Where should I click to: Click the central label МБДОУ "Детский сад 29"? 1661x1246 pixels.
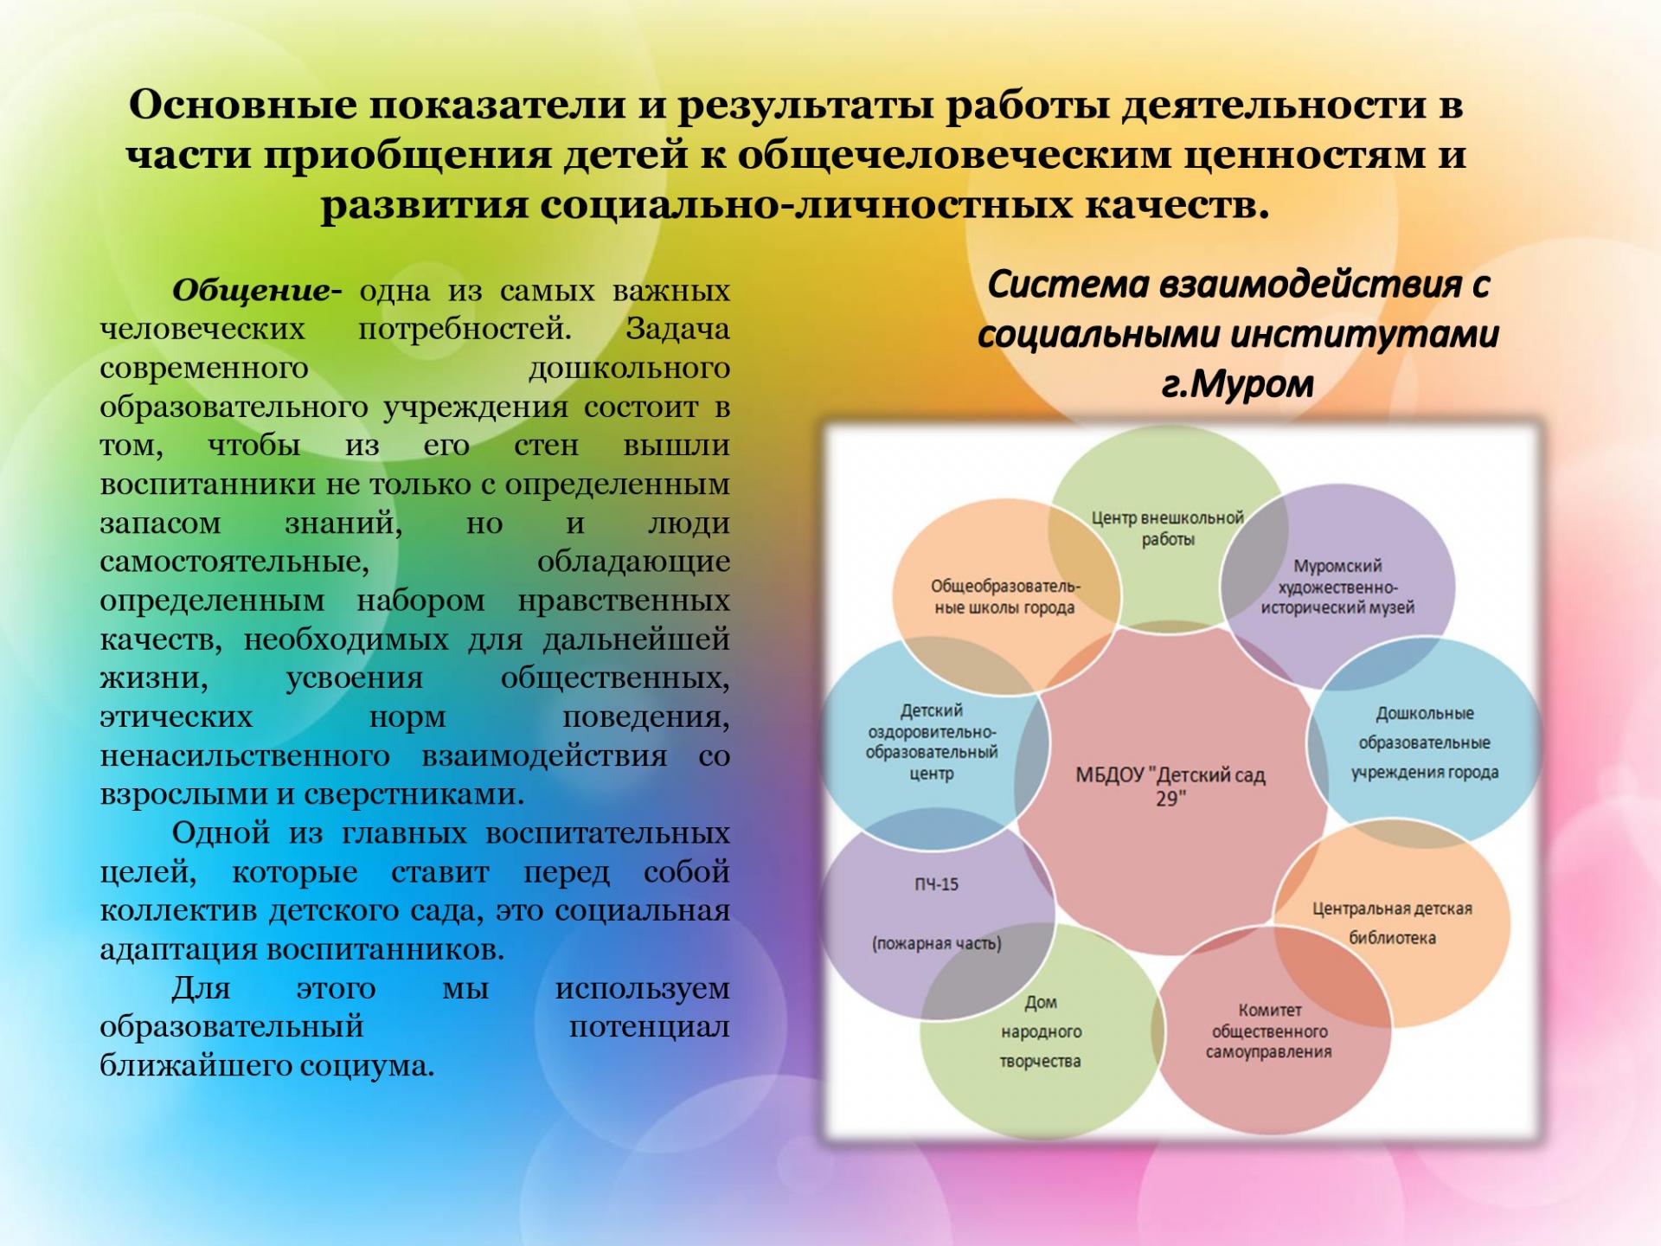(x=1170, y=786)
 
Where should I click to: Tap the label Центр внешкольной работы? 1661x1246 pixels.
(x=1167, y=529)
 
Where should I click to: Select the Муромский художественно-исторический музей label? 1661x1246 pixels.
(x=1337, y=587)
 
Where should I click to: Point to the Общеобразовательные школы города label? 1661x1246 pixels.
(x=1005, y=597)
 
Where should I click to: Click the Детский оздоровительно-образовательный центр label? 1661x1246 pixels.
(x=932, y=742)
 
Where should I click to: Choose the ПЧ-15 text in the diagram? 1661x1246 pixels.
(x=936, y=884)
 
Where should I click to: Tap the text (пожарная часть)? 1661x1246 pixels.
(x=936, y=943)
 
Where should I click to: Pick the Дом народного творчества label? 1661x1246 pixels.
(x=1041, y=1031)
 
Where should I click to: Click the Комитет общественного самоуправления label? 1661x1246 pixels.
(x=1269, y=1031)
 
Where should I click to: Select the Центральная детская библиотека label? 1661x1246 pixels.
(x=1392, y=923)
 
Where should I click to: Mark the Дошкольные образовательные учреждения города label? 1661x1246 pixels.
(x=1425, y=742)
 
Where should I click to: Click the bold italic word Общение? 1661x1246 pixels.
(x=251, y=291)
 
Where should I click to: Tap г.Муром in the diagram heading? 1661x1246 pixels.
(x=1238, y=383)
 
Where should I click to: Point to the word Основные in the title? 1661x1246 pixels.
(x=243, y=105)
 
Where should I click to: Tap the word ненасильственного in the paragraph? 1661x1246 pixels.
(x=245, y=755)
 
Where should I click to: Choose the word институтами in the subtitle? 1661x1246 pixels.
(x=1364, y=334)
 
